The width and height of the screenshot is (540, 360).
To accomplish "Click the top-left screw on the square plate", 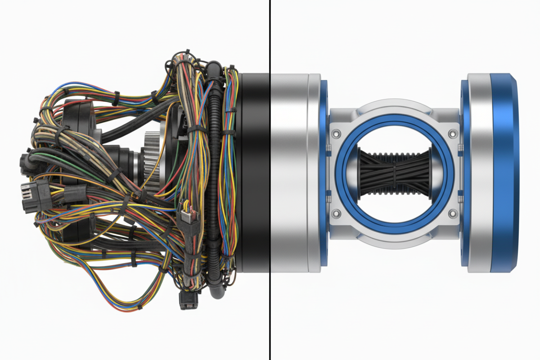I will [336, 134].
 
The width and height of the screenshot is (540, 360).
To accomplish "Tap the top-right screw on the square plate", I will [452, 134].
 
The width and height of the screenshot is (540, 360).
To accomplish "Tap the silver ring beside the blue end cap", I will [479, 173].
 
